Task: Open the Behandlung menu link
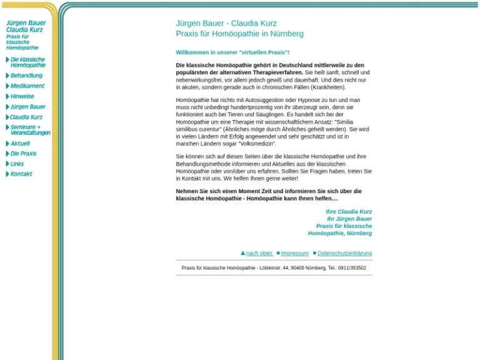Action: coord(26,76)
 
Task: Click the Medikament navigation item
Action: coord(27,86)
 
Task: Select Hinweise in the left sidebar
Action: coord(22,97)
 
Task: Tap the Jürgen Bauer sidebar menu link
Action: coord(28,107)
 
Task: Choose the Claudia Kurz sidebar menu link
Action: coord(26,117)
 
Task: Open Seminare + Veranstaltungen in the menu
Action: coord(30,130)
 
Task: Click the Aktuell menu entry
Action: coord(20,143)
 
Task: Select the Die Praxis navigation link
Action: coord(24,154)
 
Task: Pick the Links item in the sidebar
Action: coord(17,164)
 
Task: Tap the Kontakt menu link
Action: coord(21,174)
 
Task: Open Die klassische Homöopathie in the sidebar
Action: coord(28,62)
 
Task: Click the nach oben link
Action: coord(259,253)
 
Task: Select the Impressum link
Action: coord(294,253)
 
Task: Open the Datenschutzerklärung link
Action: coord(344,253)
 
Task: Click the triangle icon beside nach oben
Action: coord(242,253)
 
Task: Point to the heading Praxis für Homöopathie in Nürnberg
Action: coord(240,34)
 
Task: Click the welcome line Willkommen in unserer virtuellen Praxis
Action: coord(232,52)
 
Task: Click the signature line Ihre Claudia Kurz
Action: coord(349,212)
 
